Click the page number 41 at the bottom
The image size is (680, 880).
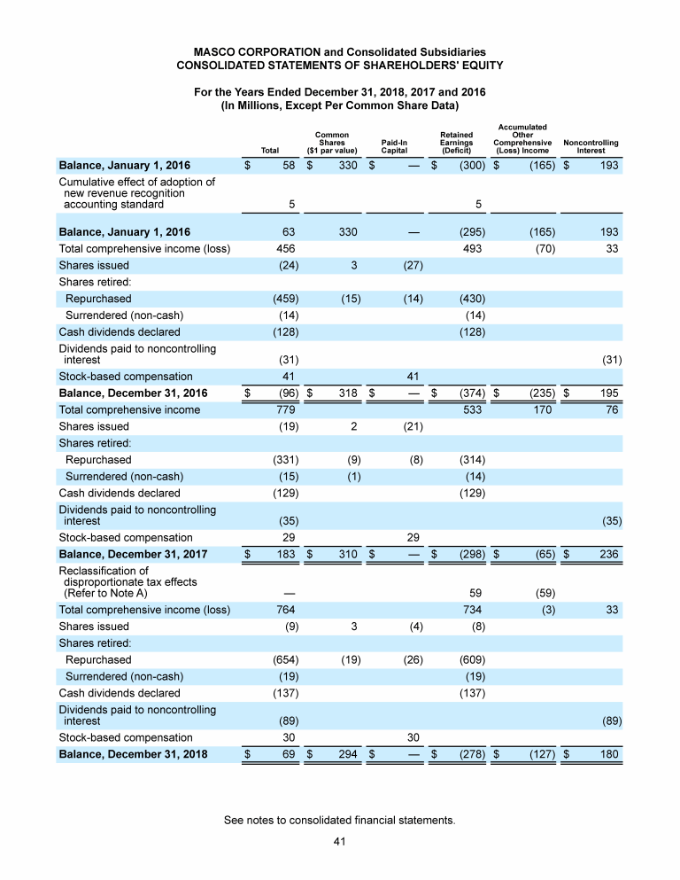(339, 842)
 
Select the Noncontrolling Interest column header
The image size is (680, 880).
(591, 146)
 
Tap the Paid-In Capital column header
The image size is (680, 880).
(393, 146)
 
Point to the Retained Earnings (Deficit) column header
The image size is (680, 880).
(456, 143)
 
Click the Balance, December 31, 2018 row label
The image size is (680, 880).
(133, 754)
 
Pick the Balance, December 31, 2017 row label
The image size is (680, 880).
(133, 554)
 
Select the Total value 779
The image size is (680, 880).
(286, 409)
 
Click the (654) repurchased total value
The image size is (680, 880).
(284, 659)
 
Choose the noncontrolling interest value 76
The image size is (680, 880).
(610, 409)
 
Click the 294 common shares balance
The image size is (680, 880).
(347, 754)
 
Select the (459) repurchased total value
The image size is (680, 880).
(284, 299)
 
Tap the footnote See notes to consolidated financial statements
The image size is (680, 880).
(340, 821)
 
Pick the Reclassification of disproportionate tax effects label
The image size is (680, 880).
(127, 582)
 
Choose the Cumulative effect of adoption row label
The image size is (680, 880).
(136, 193)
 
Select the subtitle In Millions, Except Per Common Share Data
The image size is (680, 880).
(339, 105)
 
